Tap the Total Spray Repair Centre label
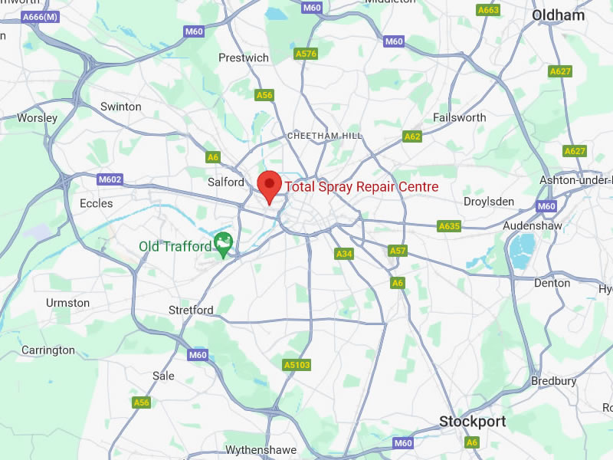(x=362, y=186)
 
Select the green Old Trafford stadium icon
(x=223, y=245)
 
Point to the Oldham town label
(x=558, y=15)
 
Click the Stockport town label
(x=472, y=421)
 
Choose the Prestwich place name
(x=244, y=58)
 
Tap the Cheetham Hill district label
(x=325, y=136)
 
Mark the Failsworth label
(x=460, y=117)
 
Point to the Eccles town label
(x=96, y=203)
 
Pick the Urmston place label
(x=67, y=303)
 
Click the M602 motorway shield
(x=110, y=179)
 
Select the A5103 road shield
(x=297, y=365)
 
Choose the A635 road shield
(x=449, y=226)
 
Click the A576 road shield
(x=306, y=54)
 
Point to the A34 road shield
(x=344, y=254)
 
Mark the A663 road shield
(x=487, y=10)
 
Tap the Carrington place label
(x=48, y=350)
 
